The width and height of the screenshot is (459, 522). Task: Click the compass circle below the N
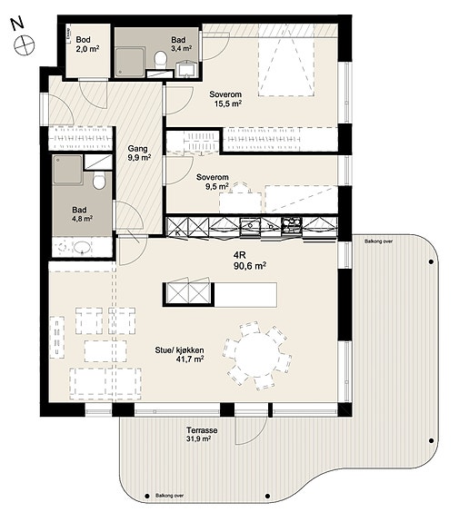tap(25, 44)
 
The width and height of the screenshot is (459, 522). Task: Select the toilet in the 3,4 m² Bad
tap(161, 59)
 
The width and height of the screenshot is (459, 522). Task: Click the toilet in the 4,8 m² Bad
tap(99, 181)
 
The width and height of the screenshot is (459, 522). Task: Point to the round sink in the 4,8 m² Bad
tap(82, 248)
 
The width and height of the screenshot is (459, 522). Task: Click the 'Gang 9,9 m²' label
tap(137, 153)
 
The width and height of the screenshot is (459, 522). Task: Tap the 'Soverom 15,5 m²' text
tap(225, 99)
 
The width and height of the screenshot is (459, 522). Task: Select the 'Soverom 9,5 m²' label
tap(213, 182)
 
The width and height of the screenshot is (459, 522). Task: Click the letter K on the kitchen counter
tap(177, 232)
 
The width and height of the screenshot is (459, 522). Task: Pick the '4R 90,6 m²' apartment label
tap(250, 261)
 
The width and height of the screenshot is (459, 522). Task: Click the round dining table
tap(256, 355)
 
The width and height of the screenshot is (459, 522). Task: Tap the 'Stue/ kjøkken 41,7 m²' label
tap(180, 355)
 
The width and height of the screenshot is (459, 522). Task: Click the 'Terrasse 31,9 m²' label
tap(202, 435)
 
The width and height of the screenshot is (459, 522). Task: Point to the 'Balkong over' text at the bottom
tap(170, 496)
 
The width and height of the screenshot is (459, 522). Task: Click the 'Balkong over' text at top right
tap(379, 241)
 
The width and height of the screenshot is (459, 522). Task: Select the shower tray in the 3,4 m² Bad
tap(130, 62)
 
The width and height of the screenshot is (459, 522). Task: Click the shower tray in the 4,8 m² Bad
tap(68, 170)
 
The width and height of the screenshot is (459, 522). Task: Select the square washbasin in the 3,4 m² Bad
tap(187, 69)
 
